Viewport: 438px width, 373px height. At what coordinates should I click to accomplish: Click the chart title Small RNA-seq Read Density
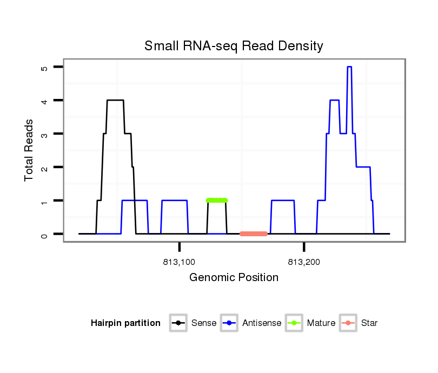click(x=234, y=46)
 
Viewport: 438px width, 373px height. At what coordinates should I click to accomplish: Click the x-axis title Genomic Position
click(x=234, y=278)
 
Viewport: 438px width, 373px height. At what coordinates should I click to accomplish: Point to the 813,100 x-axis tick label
click(x=179, y=263)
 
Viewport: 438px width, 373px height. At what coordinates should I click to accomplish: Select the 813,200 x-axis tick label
click(x=304, y=263)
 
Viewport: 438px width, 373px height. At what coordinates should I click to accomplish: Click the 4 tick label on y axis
click(x=44, y=101)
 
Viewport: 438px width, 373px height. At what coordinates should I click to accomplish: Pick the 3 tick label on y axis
click(x=44, y=134)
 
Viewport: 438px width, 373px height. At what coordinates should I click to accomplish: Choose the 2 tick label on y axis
click(x=44, y=168)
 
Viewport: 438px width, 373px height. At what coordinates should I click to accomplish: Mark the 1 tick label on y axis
click(x=44, y=201)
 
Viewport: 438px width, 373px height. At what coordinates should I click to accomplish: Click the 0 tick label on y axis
click(x=44, y=235)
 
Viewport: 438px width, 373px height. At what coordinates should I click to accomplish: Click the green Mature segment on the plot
click(x=217, y=200)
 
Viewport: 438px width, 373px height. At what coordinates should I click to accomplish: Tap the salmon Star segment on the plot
click(x=254, y=234)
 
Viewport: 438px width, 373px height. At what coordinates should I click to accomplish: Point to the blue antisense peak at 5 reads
click(x=349, y=67)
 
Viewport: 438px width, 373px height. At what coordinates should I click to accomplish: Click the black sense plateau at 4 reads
click(x=115, y=100)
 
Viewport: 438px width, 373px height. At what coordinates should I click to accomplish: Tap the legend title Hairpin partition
click(x=125, y=323)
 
